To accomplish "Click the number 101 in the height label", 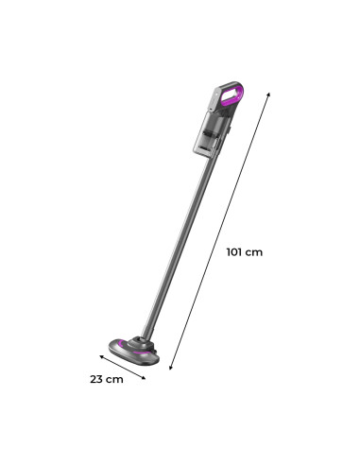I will point(237,252).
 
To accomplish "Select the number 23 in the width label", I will point(97,380).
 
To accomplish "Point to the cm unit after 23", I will point(115,380).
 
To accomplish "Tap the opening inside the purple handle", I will point(228,95).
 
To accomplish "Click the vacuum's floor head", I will point(133,350).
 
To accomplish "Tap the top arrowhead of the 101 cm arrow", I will point(269,93).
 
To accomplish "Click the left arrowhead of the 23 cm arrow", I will point(100,356).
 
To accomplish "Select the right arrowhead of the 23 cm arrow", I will point(144,378).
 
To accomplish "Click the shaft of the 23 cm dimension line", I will point(122,367).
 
